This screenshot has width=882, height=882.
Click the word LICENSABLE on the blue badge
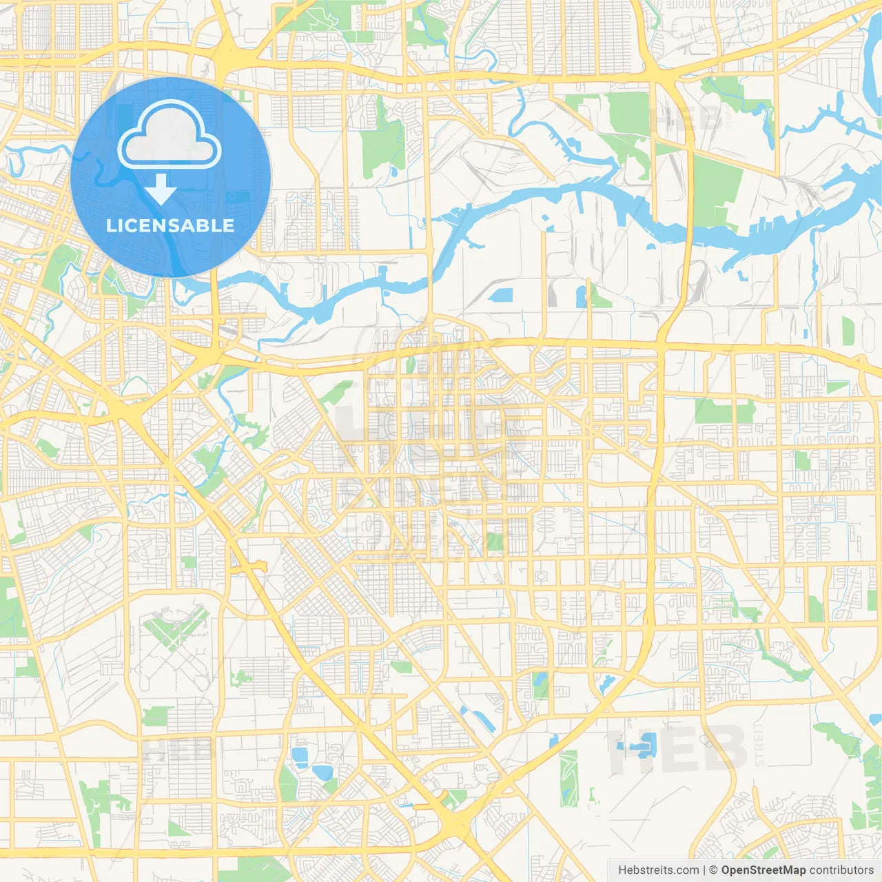click(170, 225)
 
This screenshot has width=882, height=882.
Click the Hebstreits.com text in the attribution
click(658, 870)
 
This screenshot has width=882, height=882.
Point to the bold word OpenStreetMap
click(763, 870)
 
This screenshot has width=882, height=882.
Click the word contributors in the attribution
click(841, 870)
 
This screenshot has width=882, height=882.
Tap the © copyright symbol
click(714, 870)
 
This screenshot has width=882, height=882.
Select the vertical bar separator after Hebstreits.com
click(704, 870)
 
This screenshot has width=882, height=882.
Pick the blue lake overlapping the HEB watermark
click(637, 746)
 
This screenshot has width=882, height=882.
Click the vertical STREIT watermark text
click(759, 744)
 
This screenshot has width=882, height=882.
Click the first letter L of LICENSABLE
click(111, 225)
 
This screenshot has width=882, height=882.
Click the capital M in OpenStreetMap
click(783, 870)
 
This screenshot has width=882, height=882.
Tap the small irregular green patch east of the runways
click(240, 677)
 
